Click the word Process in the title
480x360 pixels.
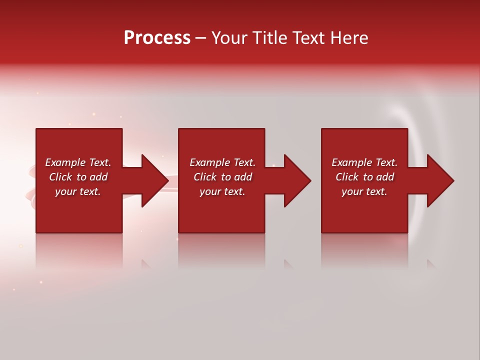(157, 38)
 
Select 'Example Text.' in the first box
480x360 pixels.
(78, 162)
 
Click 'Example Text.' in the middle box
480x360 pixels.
(222, 162)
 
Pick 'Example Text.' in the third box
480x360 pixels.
(364, 162)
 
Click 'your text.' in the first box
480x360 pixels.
(78, 191)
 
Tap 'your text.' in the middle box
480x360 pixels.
(222, 191)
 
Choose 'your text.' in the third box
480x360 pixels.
(364, 191)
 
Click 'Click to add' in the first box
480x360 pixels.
(78, 177)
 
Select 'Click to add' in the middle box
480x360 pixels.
(222, 177)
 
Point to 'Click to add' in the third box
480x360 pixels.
(364, 177)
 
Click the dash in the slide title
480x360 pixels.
(201, 38)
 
